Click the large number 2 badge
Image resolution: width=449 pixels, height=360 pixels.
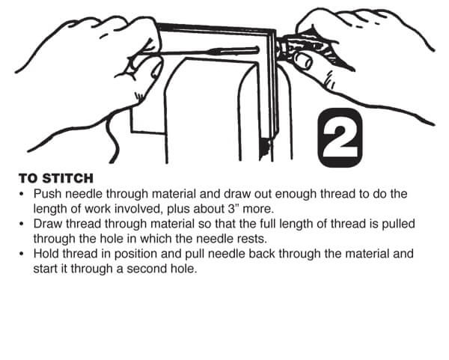pyautogui.click(x=340, y=138)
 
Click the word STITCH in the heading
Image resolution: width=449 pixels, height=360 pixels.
pyautogui.click(x=68, y=178)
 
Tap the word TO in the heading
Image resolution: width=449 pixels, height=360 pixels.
pyautogui.click(x=28, y=178)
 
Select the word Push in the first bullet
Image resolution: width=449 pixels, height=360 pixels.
pyautogui.click(x=48, y=194)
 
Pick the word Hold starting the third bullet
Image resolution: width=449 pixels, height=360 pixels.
pyautogui.click(x=46, y=254)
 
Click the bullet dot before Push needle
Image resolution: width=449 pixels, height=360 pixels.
pyautogui.click(x=21, y=194)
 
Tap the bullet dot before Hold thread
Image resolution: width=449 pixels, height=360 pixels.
pyautogui.click(x=21, y=254)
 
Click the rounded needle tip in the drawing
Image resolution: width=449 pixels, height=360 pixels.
pyautogui.click(x=257, y=50)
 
